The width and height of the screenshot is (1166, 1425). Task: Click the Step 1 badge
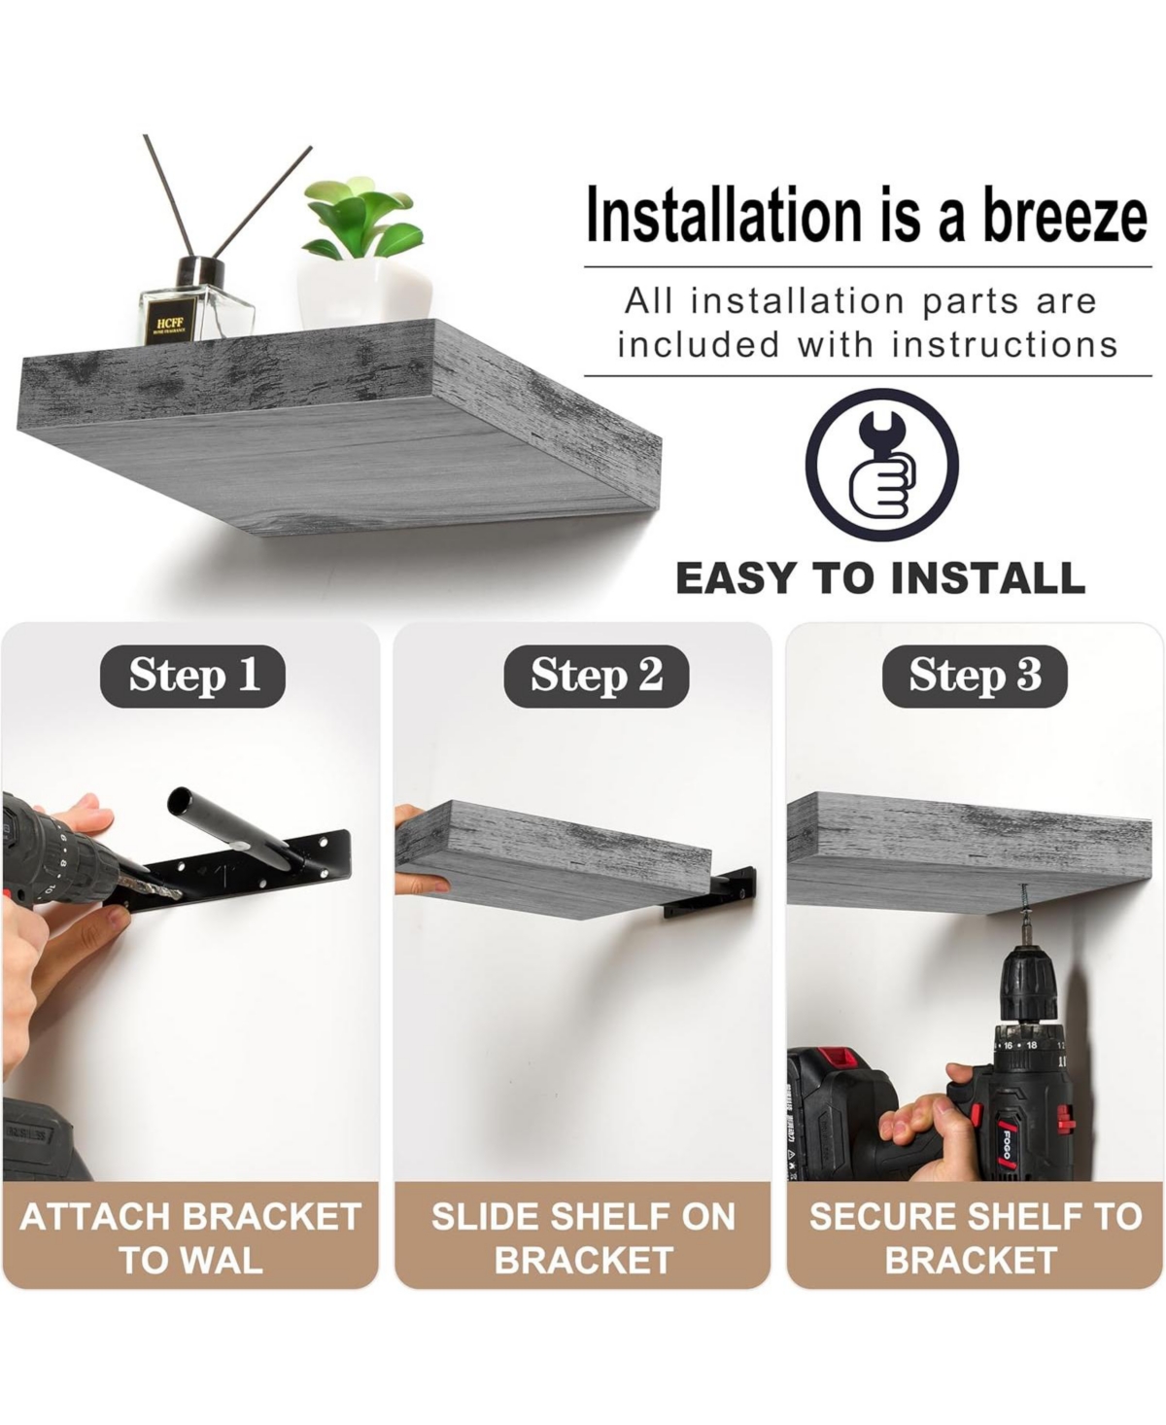(x=192, y=676)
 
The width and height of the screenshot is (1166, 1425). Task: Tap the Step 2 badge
(x=596, y=676)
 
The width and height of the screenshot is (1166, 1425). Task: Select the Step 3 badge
(x=975, y=676)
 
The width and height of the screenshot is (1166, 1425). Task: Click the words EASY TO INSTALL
(x=880, y=578)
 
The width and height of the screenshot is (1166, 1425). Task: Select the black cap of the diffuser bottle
(x=200, y=271)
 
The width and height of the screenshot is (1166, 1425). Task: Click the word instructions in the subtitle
(x=1005, y=345)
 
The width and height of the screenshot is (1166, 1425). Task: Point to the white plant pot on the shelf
(x=364, y=292)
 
